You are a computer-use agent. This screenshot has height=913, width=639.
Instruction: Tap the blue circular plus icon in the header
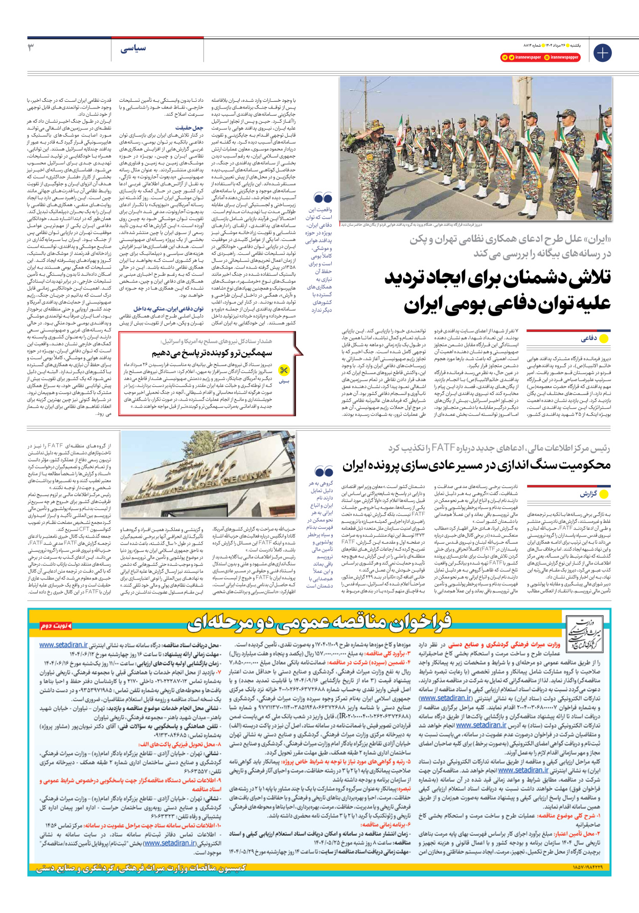602,52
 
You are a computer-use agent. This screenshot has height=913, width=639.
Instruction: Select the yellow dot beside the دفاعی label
604,339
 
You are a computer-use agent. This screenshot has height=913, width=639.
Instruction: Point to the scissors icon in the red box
284,370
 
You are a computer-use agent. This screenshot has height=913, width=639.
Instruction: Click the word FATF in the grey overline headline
443,448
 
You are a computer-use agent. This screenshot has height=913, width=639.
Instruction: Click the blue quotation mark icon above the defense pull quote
323,197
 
